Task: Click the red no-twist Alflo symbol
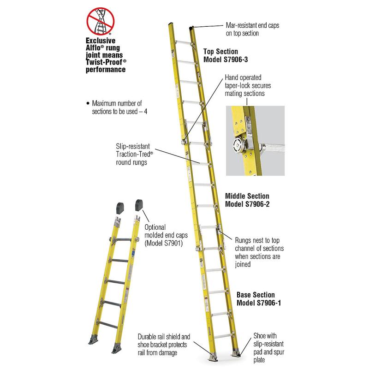(101, 21)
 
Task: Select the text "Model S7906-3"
(226, 60)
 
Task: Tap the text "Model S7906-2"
(247, 204)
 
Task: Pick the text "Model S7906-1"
(259, 303)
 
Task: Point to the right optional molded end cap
(139, 205)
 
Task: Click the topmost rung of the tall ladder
(184, 42)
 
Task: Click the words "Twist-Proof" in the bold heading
(104, 62)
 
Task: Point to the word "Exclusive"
(101, 41)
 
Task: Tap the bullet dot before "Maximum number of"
(88, 103)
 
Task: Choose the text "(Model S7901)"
(164, 243)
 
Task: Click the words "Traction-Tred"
(133, 155)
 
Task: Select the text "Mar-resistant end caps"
(252, 25)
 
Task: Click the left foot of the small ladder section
(93, 340)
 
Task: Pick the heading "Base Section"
(256, 295)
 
